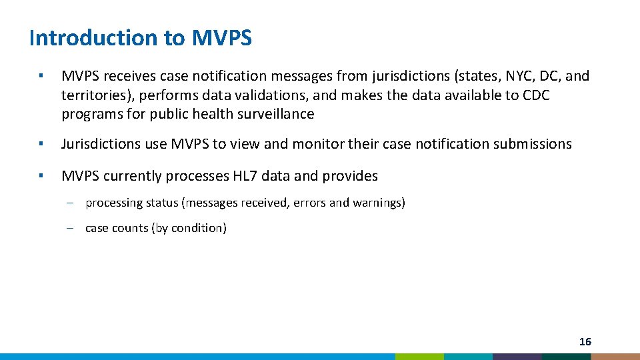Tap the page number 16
click(585, 342)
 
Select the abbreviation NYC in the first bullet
click(501, 76)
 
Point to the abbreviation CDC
click(536, 95)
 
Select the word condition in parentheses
click(199, 228)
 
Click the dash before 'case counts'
click(70, 228)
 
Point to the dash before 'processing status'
click(70, 203)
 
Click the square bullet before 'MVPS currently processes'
click(41, 176)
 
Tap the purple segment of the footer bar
click(517, 357)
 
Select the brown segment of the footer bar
click(615, 357)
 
